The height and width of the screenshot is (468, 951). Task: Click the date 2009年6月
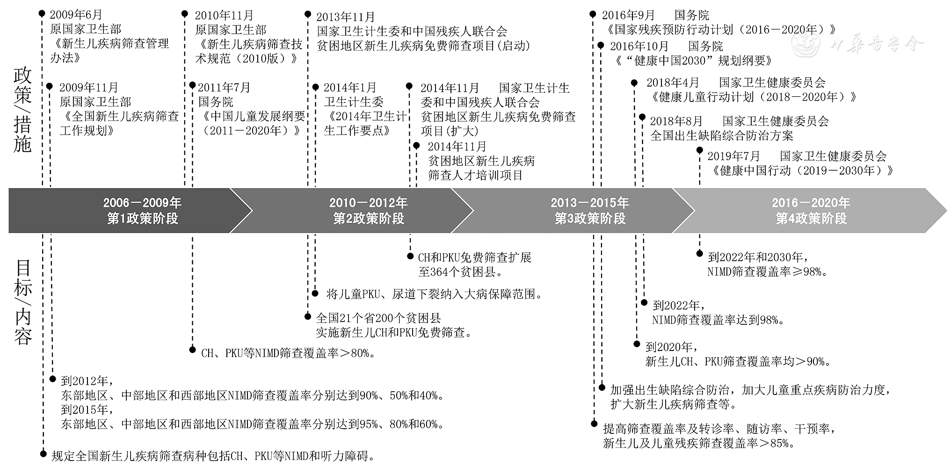[x=76, y=15]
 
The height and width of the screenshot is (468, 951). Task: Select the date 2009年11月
[x=89, y=88]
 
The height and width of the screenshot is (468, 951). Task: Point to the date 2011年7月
[x=224, y=88]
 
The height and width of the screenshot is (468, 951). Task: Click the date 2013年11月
[x=346, y=17]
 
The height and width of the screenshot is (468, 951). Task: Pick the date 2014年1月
[x=350, y=88]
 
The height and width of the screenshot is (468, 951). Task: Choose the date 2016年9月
[x=628, y=15]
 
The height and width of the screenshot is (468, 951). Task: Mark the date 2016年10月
[x=639, y=46]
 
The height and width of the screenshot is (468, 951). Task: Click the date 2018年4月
[x=673, y=83]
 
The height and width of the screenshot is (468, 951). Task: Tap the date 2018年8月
[x=676, y=121]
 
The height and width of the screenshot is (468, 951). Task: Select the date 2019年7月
[x=733, y=156]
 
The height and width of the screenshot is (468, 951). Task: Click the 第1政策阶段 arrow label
[x=142, y=219]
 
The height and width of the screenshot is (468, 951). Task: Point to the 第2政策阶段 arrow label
[x=368, y=219]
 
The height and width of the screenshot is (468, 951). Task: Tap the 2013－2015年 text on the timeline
[x=589, y=203]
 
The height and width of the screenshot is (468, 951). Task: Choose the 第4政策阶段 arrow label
[x=811, y=219]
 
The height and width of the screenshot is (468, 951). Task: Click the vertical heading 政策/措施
[x=22, y=110]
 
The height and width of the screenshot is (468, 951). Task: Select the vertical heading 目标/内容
[x=22, y=302]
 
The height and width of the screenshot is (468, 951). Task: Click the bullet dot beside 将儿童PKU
[x=315, y=294]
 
